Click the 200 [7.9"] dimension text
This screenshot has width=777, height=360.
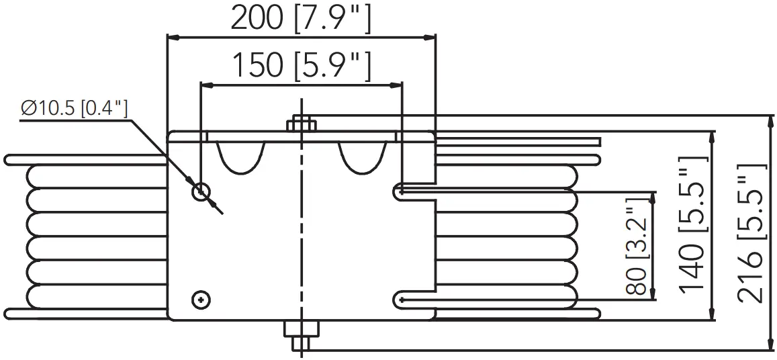pyautogui.click(x=300, y=18)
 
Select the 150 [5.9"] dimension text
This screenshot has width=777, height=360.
pyautogui.click(x=302, y=66)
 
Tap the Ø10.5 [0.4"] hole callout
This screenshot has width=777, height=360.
pyautogui.click(x=75, y=108)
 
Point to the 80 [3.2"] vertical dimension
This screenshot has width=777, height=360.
pyautogui.click(x=637, y=244)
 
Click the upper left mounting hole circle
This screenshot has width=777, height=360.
pyautogui.click(x=201, y=192)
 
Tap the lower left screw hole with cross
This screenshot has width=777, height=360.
pyautogui.click(x=199, y=299)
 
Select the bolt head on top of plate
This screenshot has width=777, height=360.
pyautogui.click(x=302, y=124)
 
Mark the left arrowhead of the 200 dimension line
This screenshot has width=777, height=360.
pyautogui.click(x=172, y=38)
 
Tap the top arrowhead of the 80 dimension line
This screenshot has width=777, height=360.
pyautogui.click(x=652, y=197)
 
